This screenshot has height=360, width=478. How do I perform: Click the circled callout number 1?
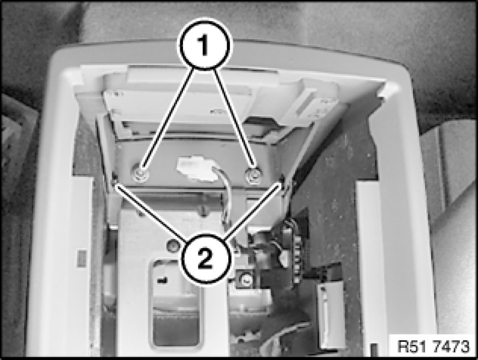[x=204, y=45]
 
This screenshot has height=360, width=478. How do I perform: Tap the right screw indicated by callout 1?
[x=253, y=175]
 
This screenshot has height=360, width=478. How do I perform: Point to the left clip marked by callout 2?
[x=115, y=180]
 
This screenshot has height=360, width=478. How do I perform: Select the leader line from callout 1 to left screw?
[x=169, y=120]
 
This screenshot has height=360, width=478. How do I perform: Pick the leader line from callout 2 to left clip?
[x=150, y=213]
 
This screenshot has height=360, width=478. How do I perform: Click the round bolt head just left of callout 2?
[x=172, y=245]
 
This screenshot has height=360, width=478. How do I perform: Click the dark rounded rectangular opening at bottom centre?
[x=175, y=305]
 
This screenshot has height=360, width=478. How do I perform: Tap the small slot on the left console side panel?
[x=82, y=258]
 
